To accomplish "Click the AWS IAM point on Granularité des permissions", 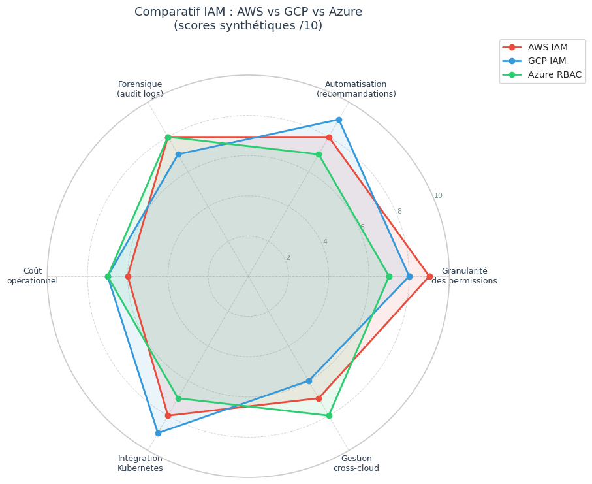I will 429,276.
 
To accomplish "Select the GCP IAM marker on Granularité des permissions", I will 409,276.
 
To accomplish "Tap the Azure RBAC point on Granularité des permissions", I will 389,276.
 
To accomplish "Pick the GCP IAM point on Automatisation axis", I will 339,120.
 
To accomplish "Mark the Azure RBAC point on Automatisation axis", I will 319,154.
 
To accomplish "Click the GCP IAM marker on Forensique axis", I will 178,154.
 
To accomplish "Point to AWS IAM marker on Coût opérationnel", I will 128,276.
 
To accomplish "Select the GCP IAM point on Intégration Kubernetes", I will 158,433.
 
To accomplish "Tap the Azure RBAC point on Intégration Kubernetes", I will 178,398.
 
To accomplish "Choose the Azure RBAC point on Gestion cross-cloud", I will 329,415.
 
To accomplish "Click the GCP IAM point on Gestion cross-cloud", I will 309,381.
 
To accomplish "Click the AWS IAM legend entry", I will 547,47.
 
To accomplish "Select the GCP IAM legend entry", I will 547,61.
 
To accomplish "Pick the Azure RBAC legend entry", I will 554,74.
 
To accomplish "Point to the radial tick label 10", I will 438,196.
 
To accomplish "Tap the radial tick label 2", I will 287,257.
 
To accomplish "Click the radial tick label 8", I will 399,212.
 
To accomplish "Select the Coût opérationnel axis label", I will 33,276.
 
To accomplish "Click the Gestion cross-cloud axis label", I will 356,463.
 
